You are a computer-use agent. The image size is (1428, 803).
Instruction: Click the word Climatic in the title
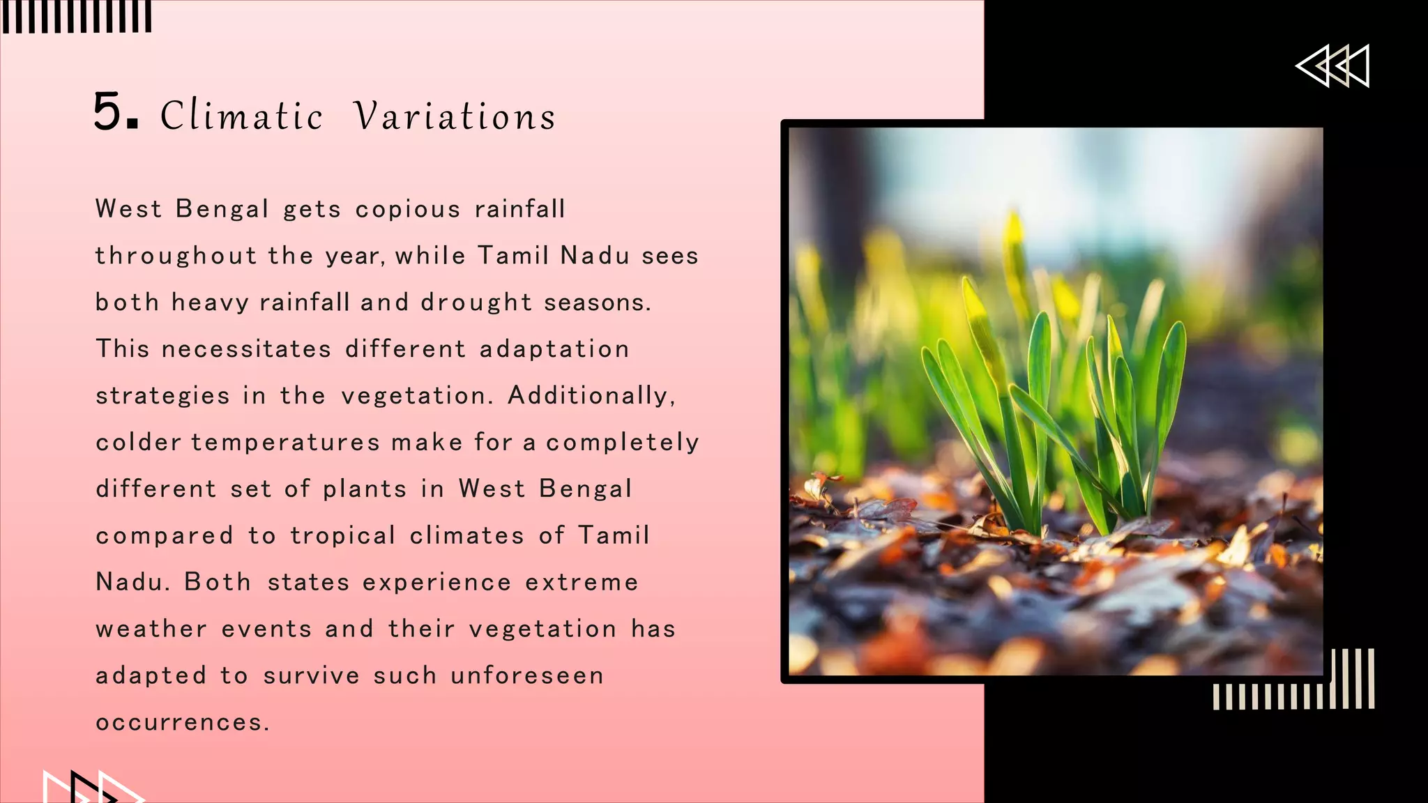(x=241, y=116)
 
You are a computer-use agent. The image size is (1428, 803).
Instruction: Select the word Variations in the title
(x=455, y=116)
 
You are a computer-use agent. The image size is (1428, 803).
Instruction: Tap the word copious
(x=408, y=209)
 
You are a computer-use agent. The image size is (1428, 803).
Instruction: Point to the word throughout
(x=176, y=256)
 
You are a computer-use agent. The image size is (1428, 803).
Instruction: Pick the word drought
(x=476, y=303)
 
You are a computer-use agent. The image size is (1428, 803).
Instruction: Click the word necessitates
(x=246, y=349)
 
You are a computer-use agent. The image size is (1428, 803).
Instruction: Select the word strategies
(x=162, y=396)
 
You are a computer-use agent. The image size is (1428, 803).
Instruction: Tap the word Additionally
(x=591, y=396)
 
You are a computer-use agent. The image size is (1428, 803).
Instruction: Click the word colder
(x=138, y=443)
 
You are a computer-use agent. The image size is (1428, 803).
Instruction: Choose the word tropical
(x=343, y=535)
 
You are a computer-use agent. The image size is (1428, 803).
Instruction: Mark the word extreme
(x=582, y=582)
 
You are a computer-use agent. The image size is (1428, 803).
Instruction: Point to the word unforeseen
(x=527, y=675)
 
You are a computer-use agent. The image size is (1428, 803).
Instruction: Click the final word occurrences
(x=182, y=722)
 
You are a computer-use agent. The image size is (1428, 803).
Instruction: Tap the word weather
(x=151, y=629)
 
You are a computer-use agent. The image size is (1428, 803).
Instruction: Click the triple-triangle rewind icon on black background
(x=1332, y=66)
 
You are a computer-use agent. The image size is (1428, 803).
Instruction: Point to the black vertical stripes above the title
(x=76, y=16)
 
